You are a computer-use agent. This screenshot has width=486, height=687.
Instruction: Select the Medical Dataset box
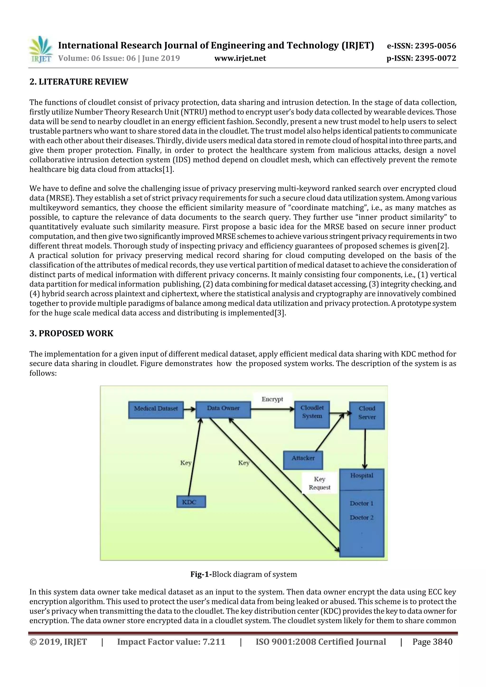tap(156, 410)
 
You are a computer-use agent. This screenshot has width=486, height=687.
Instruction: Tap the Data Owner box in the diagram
tap(223, 409)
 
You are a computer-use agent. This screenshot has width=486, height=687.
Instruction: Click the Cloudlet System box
tap(312, 415)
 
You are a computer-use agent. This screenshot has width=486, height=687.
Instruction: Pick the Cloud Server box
tap(367, 415)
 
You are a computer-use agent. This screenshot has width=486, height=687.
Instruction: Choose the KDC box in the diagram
tap(191, 502)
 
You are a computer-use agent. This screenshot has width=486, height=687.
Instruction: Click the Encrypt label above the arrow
tap(272, 399)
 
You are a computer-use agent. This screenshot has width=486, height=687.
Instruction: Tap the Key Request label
tap(319, 483)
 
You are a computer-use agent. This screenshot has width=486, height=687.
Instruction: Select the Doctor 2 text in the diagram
tap(362, 517)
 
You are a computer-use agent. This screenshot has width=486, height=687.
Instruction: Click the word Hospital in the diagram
tap(362, 475)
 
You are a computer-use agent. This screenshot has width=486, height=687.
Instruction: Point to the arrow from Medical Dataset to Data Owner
tap(189, 409)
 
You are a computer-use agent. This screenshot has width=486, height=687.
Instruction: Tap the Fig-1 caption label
tap(201, 574)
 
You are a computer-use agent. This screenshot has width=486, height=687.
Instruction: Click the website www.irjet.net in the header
tap(240, 58)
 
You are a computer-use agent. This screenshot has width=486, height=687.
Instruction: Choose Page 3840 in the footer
tap(432, 642)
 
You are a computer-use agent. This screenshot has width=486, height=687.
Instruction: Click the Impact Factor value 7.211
tap(214, 642)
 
